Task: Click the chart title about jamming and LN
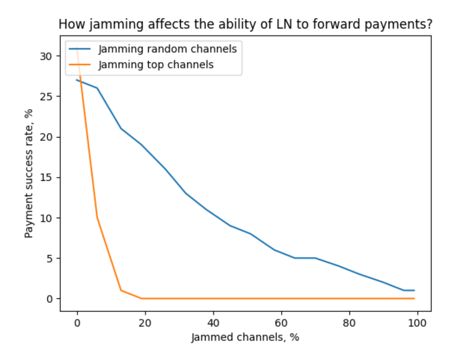[x=245, y=25]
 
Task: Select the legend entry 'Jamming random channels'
[x=167, y=49]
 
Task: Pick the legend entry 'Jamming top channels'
[x=156, y=64]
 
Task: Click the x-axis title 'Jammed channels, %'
[x=245, y=337]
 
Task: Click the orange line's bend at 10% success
[x=97, y=218]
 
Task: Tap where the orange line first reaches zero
[x=142, y=298]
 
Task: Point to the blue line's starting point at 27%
[x=77, y=80]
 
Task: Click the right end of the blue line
[x=414, y=290]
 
